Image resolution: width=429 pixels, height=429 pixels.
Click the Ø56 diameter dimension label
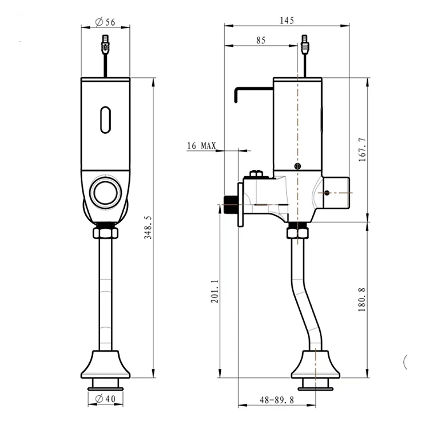105,22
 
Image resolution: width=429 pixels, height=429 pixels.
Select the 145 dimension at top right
287,21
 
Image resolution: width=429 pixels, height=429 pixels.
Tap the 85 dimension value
261,41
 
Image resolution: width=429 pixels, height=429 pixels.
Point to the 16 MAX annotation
201,146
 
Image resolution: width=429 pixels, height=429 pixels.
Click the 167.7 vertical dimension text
362,149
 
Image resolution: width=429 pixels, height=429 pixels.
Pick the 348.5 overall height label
148,228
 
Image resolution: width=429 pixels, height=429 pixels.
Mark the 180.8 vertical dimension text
362,300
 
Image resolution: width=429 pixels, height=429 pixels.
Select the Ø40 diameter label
105,399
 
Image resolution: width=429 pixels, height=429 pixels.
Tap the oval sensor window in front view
105,120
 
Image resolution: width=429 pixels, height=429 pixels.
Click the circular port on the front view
105,192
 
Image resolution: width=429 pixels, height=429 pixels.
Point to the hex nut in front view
105,233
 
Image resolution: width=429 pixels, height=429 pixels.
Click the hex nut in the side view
297,232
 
